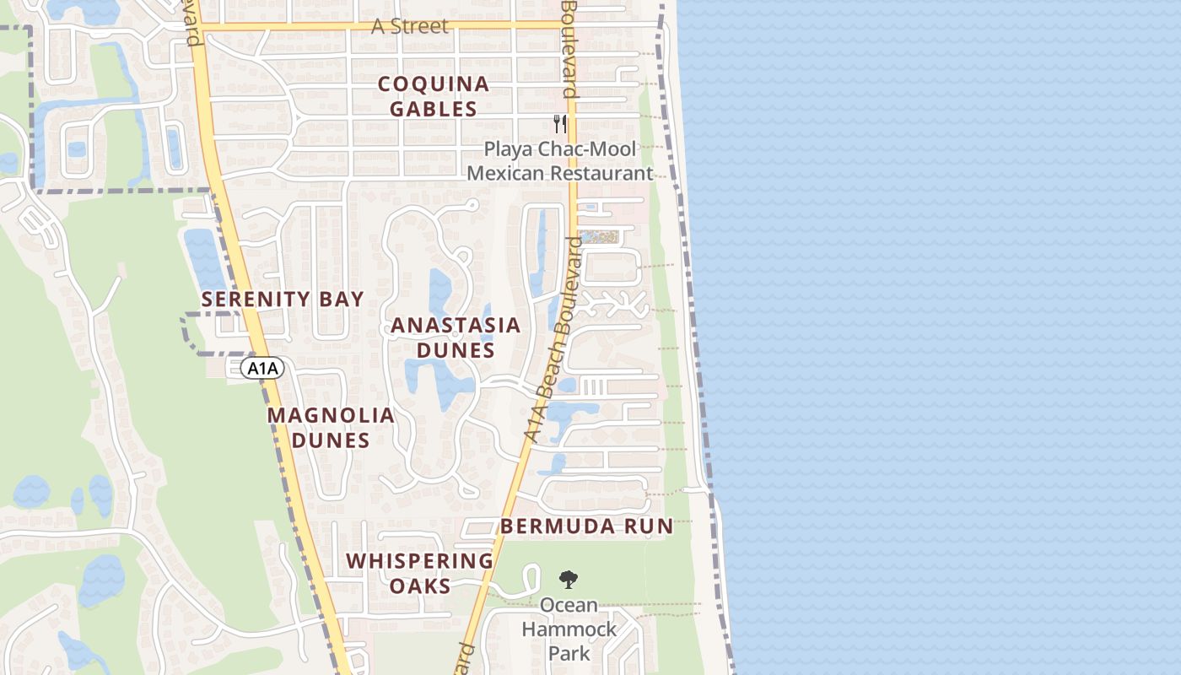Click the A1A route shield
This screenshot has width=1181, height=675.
tap(262, 368)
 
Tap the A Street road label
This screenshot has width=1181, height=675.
tap(410, 26)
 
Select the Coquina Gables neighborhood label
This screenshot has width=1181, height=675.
tap(434, 96)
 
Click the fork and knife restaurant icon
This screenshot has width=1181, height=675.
tap(560, 124)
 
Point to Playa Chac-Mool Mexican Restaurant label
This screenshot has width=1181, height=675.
tap(560, 161)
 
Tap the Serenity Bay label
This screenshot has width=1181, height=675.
tap(283, 299)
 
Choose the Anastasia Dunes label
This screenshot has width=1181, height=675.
tap(456, 337)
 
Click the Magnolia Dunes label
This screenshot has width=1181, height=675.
tap(331, 428)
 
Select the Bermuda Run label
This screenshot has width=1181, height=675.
tap(587, 526)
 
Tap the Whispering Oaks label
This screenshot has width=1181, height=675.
tap(420, 573)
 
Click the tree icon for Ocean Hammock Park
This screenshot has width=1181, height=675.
tap(569, 580)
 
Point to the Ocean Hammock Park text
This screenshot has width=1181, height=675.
tap(569, 629)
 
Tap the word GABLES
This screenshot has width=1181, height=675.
tap(434, 109)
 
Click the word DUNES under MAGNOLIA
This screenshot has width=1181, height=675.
tap(331, 440)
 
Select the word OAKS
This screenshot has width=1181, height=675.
tap(420, 586)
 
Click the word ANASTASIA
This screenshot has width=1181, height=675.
tap(456, 325)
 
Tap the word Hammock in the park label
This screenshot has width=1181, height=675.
tap(569, 629)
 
